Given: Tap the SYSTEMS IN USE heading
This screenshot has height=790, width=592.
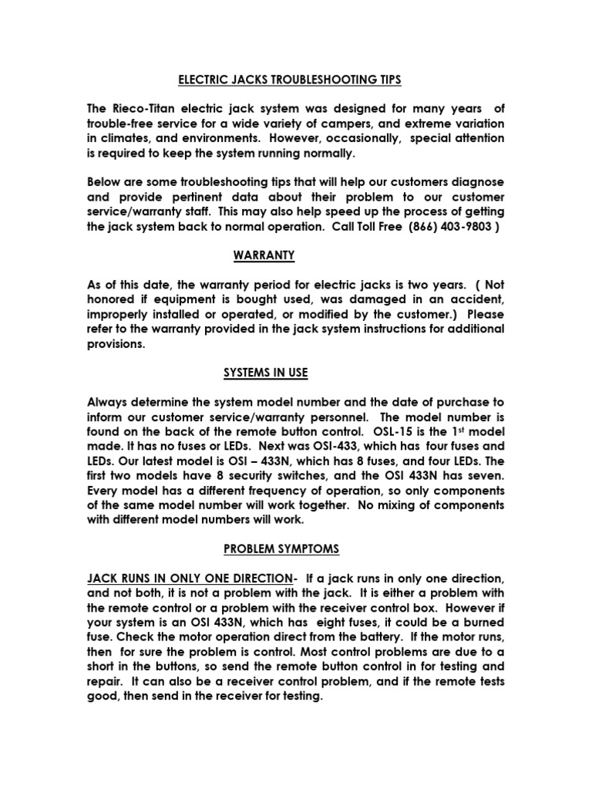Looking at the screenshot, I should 265,373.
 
